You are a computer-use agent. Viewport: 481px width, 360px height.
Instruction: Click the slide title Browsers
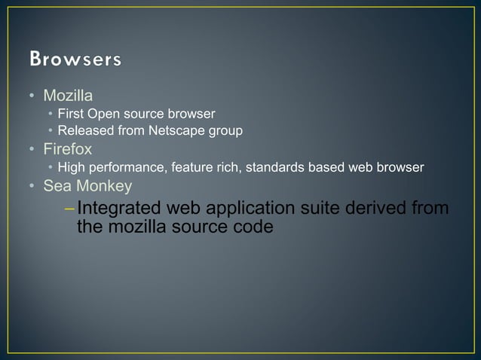pyautogui.click(x=75, y=59)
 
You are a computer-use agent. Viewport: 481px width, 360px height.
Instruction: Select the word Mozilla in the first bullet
pyautogui.click(x=67, y=96)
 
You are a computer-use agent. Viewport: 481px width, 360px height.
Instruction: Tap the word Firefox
pyautogui.click(x=67, y=149)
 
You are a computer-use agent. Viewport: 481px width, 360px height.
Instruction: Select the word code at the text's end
pyautogui.click(x=253, y=225)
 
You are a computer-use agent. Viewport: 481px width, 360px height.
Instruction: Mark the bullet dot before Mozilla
pyautogui.click(x=32, y=96)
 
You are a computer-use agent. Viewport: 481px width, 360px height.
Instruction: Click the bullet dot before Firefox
pyautogui.click(x=32, y=150)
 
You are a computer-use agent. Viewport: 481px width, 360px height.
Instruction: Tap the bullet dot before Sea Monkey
pyautogui.click(x=32, y=186)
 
